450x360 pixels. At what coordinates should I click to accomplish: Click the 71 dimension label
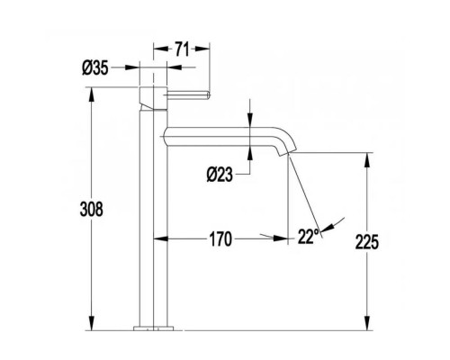click(182, 49)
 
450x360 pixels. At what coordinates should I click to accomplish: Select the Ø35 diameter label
click(95, 67)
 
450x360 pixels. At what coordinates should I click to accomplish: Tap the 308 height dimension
click(92, 209)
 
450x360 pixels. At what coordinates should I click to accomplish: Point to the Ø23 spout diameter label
click(220, 175)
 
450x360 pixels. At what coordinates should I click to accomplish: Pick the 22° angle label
click(308, 236)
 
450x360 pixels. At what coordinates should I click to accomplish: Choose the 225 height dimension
click(367, 242)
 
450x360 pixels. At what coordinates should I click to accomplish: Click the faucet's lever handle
click(187, 94)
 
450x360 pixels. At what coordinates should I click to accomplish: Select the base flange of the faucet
click(154, 328)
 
